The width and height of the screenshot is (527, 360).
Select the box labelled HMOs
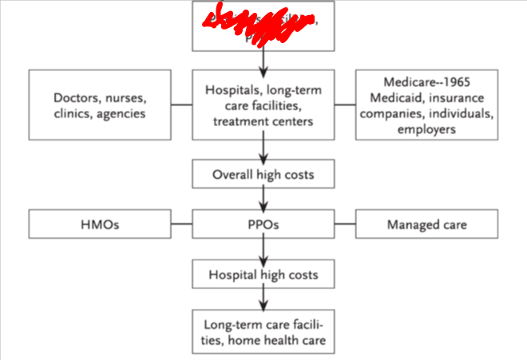coord(99,224)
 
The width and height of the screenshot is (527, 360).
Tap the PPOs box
coord(263,224)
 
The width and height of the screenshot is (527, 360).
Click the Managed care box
coord(426,224)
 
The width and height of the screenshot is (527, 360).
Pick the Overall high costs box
coord(263,174)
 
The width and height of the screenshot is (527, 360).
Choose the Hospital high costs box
coord(263,275)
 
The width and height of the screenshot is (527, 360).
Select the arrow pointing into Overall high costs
coord(263,148)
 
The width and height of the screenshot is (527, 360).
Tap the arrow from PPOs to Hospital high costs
coord(263,249)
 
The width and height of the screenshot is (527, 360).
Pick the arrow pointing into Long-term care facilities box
coord(263,299)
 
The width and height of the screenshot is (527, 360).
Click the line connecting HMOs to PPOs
coord(183,224)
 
